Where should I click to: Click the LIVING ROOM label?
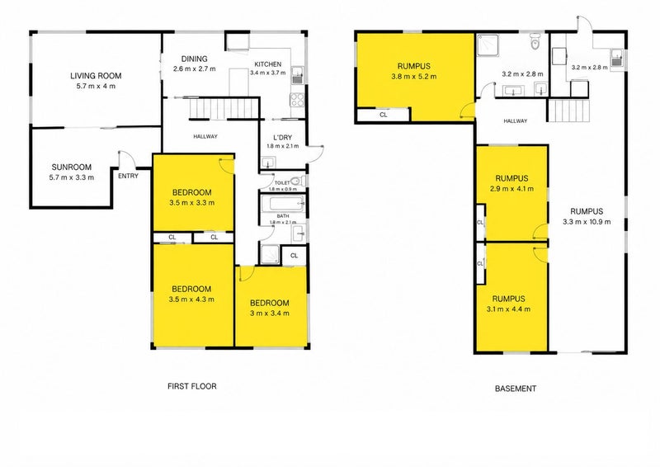click(x=96, y=76)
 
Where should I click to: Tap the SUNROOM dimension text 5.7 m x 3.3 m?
click(x=72, y=177)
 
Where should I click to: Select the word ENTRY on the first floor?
click(x=128, y=176)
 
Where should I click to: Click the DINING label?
click(x=194, y=59)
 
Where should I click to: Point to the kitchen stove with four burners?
click(x=297, y=99)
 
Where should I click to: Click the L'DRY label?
click(x=282, y=138)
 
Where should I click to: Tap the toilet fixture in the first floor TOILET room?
click(x=297, y=182)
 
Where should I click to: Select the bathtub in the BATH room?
click(x=283, y=204)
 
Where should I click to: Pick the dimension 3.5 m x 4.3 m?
click(x=191, y=300)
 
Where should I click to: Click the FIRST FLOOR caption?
click(x=192, y=386)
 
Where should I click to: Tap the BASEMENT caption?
click(x=515, y=389)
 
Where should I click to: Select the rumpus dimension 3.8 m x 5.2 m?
click(x=414, y=77)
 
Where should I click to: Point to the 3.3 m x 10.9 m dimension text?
click(x=587, y=222)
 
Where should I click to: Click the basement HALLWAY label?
click(x=515, y=120)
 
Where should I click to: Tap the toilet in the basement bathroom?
click(x=535, y=42)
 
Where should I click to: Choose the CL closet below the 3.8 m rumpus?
click(x=383, y=115)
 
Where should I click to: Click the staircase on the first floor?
click(x=224, y=108)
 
